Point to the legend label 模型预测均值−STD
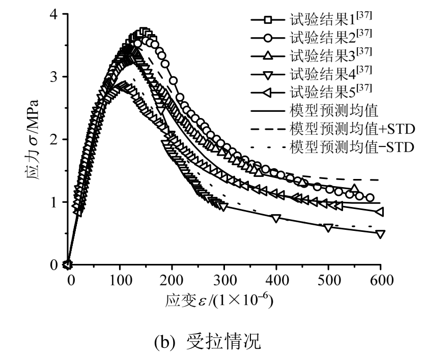pyautogui.click(x=352, y=147)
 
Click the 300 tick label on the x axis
pyautogui.click(x=224, y=279)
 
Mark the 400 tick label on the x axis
pyautogui.click(x=276, y=279)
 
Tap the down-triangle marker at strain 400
pyautogui.click(x=276, y=218)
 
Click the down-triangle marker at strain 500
pyautogui.click(x=328, y=228)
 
